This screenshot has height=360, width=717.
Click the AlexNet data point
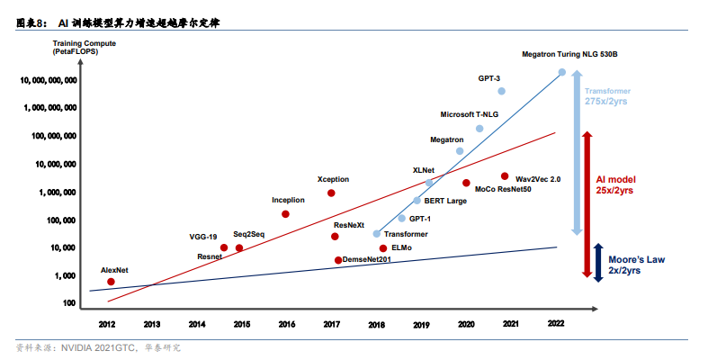pyautogui.click(x=111, y=282)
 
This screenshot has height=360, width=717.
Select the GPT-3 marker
pyautogui.click(x=501, y=91)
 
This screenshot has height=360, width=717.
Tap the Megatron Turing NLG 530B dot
pyautogui.click(x=562, y=72)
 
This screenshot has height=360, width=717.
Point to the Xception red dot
pyautogui.click(x=331, y=193)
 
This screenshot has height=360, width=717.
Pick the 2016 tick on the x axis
pyautogui.click(x=286, y=323)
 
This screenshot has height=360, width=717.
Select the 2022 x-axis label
pyautogui.click(x=558, y=323)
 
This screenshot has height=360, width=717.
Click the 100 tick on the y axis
pyautogui.click(x=69, y=303)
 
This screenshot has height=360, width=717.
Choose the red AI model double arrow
pyautogui.click(x=586, y=203)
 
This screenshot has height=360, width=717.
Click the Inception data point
pyautogui.click(x=285, y=214)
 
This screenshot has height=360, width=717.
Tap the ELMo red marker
pyautogui.click(x=383, y=247)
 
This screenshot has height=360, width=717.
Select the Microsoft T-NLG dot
pyautogui.click(x=479, y=129)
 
